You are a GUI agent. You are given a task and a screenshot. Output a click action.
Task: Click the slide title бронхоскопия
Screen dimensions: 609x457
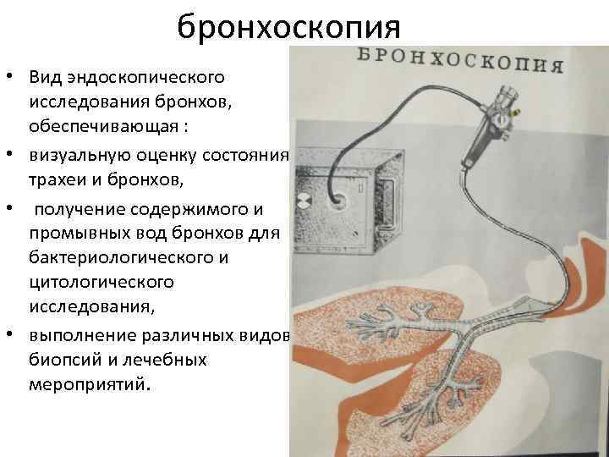click(288, 27)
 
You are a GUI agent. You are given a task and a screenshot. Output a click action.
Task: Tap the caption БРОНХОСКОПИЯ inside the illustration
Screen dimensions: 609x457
click(460, 61)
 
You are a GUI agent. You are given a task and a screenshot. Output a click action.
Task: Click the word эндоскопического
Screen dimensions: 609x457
click(145, 77)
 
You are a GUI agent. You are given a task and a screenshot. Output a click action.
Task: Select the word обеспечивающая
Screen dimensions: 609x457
click(103, 126)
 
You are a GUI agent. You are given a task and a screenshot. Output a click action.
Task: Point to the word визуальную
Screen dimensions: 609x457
click(80, 155)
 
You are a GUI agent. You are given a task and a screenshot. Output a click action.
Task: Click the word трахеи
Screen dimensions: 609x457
click(58, 179)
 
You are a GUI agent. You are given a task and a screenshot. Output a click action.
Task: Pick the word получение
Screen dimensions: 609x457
click(80, 210)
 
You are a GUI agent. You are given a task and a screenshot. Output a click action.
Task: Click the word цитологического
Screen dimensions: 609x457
click(101, 283)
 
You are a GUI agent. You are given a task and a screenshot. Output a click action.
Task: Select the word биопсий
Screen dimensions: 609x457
click(66, 360)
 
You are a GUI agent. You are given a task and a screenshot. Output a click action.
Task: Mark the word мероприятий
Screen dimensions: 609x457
click(90, 385)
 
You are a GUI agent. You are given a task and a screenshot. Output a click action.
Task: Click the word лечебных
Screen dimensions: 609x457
click(164, 360)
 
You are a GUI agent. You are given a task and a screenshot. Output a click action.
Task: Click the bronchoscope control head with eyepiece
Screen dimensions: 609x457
click(491, 123)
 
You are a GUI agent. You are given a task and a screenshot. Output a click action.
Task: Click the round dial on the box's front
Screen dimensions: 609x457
click(302, 201)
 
